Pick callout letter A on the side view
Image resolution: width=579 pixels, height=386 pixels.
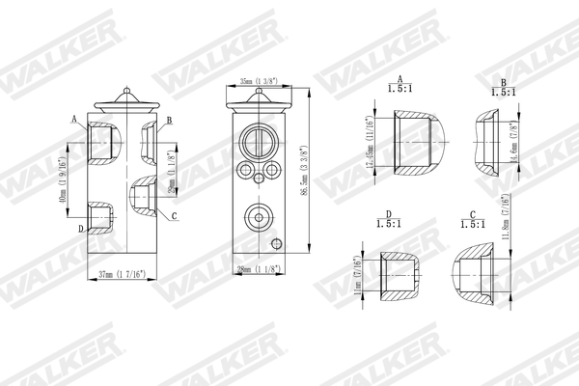click(x=74, y=119)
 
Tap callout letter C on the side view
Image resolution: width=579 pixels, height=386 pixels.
click(x=175, y=215)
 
